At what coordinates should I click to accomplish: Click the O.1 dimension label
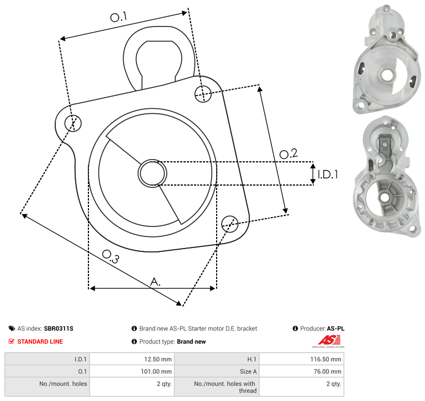pyautogui.click(x=119, y=17)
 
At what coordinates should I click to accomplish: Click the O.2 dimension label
pyautogui.click(x=288, y=154)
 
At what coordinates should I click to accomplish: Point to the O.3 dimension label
pyautogui.click(x=111, y=256)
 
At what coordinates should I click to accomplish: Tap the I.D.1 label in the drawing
pyautogui.click(x=328, y=175)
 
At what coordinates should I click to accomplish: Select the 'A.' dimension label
pyautogui.click(x=155, y=282)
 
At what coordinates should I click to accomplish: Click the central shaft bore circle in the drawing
pyautogui.click(x=153, y=173)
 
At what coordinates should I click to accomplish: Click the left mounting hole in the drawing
pyautogui.click(x=73, y=123)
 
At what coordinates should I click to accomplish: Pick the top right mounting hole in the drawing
pyautogui.click(x=203, y=94)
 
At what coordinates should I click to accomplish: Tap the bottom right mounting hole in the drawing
pyautogui.click(x=230, y=224)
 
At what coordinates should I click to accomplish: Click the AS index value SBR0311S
pyautogui.click(x=59, y=329)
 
